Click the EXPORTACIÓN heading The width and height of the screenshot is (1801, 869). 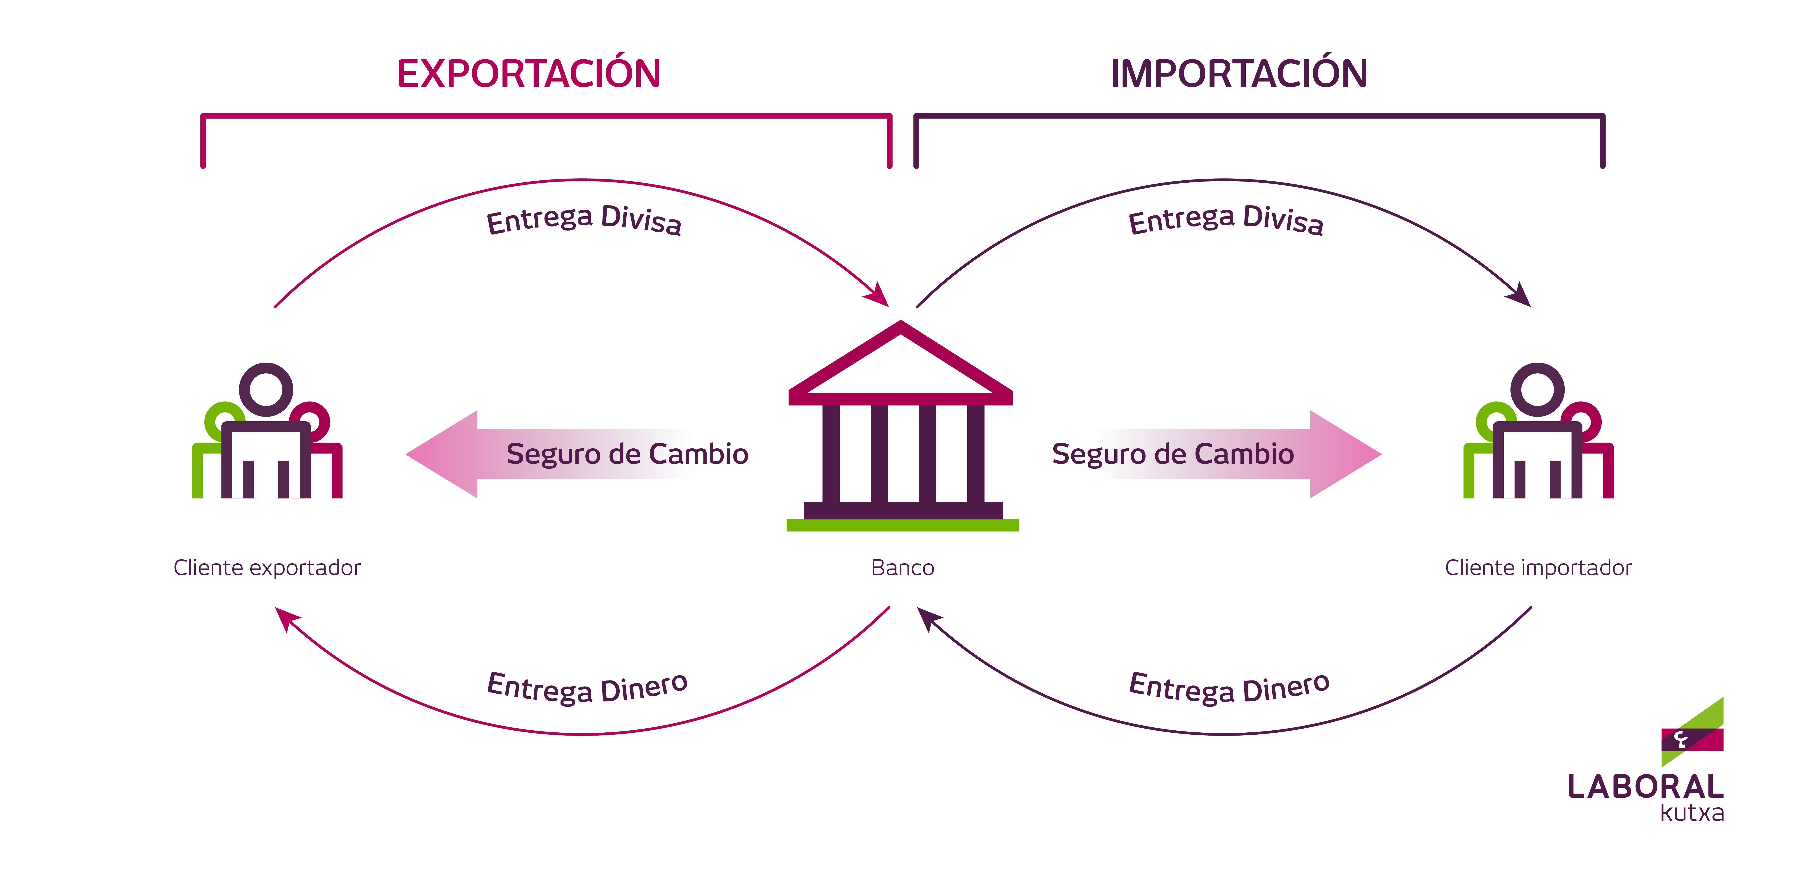528,73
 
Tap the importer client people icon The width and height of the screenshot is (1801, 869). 1538,433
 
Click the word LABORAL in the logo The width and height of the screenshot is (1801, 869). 1645,787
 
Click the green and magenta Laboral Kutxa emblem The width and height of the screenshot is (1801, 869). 1692,734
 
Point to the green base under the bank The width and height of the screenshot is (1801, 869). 902,525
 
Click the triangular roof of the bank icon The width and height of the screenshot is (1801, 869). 900,363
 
